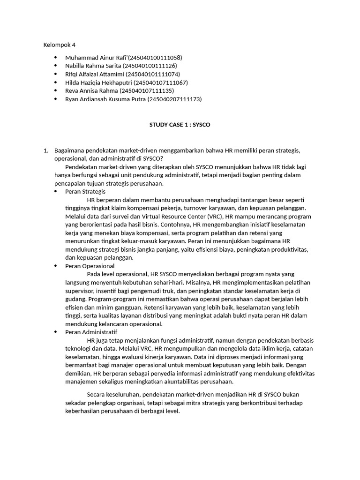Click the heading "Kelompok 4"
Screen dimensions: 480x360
[x=59, y=45]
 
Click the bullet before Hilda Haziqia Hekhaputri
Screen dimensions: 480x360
[x=56, y=82]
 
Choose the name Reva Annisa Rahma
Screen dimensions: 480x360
[x=92, y=90]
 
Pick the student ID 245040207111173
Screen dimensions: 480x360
[x=174, y=99]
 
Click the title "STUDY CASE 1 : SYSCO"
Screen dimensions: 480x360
[x=180, y=125]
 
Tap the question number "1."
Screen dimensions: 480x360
[x=46, y=150]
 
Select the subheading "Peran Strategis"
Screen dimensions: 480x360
[x=85, y=192]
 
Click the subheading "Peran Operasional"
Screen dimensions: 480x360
[x=90, y=266]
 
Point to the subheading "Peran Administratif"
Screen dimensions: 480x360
[x=91, y=332]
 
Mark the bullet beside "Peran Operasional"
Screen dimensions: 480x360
[x=56, y=266]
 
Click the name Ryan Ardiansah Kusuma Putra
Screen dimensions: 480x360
[x=105, y=99]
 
